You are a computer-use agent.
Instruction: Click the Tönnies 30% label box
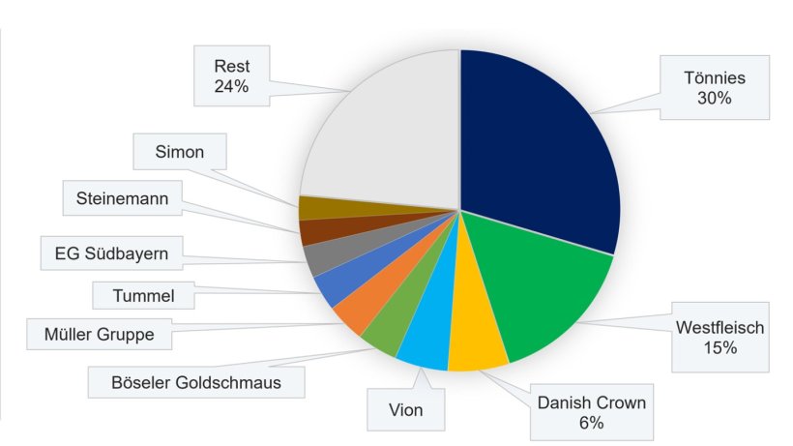click(715, 87)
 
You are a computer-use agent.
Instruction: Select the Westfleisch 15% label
click(721, 337)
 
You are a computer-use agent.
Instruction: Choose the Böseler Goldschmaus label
click(196, 381)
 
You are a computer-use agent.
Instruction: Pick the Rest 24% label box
click(232, 76)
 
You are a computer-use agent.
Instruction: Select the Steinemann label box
click(122, 199)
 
